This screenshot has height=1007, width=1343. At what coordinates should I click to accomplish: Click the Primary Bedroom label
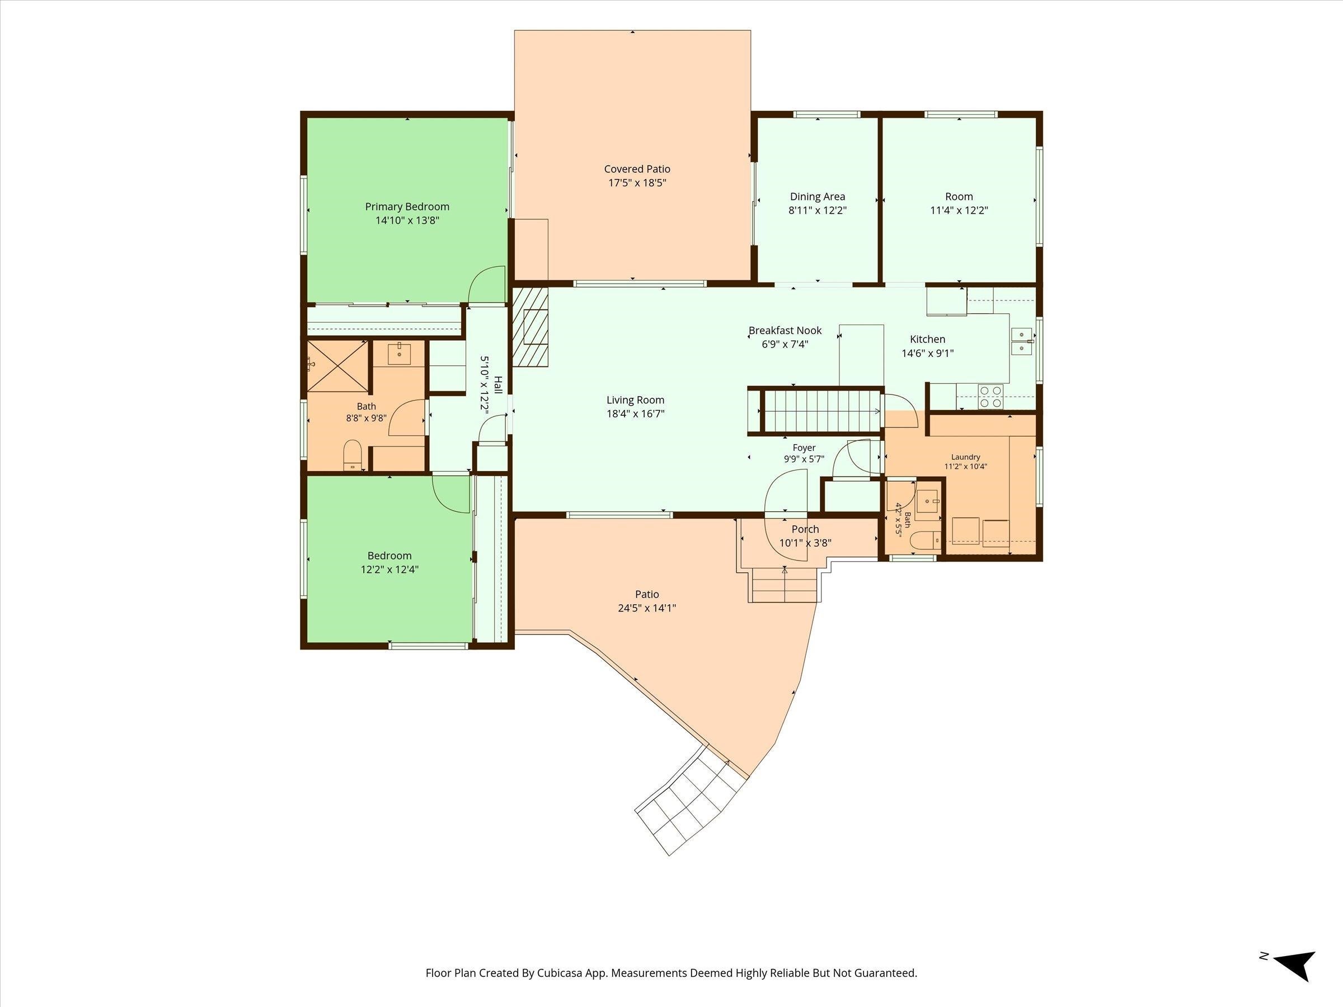pyautogui.click(x=407, y=207)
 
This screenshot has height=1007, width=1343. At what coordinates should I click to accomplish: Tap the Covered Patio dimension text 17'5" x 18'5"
pyautogui.click(x=637, y=183)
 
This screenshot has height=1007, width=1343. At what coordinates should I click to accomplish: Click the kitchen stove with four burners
pyautogui.click(x=991, y=396)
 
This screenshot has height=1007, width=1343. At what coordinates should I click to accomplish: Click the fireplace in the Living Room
pyautogui.click(x=530, y=327)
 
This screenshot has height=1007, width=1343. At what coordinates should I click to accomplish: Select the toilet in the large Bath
pyautogui.click(x=353, y=455)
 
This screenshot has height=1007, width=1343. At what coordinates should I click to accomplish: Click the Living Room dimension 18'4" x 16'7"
pyautogui.click(x=636, y=414)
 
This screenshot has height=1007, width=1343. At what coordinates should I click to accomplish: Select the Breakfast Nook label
pyautogui.click(x=785, y=331)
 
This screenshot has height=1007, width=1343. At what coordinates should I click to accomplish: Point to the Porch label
pyautogui.click(x=805, y=529)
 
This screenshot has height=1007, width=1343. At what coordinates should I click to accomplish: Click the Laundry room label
pyautogui.click(x=965, y=457)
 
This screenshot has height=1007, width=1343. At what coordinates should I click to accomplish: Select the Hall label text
pyautogui.click(x=498, y=384)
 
